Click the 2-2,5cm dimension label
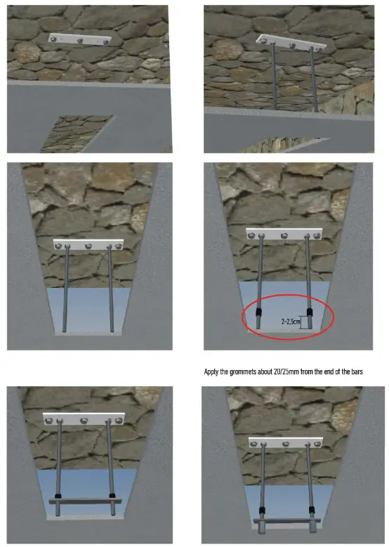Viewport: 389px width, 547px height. [291, 322]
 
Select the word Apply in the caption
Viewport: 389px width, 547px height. [211, 372]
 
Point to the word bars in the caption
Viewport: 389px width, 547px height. [357, 372]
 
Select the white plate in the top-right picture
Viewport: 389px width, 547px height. [291, 43]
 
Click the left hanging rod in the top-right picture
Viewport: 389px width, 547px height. [275, 75]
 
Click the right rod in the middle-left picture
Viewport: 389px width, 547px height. [111, 289]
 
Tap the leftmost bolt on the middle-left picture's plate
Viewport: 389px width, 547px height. [58, 246]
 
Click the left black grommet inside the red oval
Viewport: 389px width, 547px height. [258, 312]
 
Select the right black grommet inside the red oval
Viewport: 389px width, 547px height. [310, 312]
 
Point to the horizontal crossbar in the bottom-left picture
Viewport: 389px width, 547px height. [85, 501]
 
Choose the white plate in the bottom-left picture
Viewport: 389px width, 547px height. [84, 419]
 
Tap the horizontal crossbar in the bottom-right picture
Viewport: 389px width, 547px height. [287, 521]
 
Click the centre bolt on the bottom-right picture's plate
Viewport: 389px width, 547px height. [286, 444]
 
